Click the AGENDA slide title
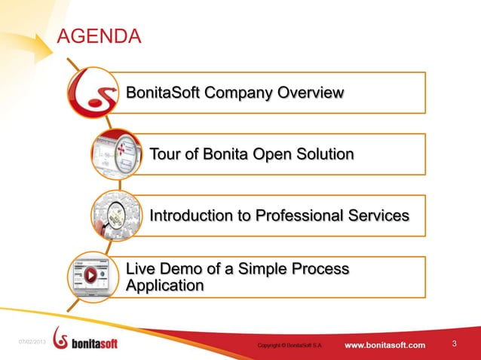coord(100,36)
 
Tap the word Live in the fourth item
coord(141,270)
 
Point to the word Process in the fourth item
coord(321,270)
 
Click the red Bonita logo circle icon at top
coord(93,93)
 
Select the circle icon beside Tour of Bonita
coord(117,154)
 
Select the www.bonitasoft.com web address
coord(384,345)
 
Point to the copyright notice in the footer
coord(290,346)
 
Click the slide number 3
coord(455,344)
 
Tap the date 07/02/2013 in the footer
coord(32,343)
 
